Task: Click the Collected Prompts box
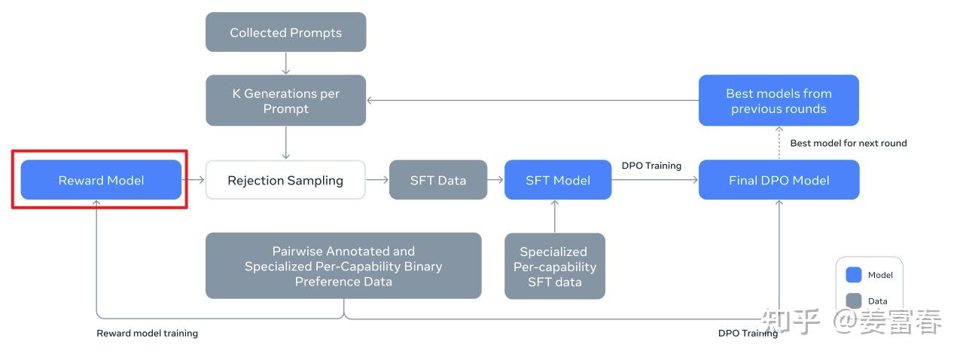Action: click(285, 32)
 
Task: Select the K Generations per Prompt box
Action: click(285, 101)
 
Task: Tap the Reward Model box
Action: click(101, 180)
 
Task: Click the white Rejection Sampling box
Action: click(285, 180)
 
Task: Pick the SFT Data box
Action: click(437, 180)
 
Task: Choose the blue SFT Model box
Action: click(557, 180)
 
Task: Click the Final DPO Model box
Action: click(779, 180)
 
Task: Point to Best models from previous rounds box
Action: click(779, 101)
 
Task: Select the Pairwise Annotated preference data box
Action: click(343, 266)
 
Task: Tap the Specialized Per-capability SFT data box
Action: click(554, 266)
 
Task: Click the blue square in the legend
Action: click(854, 275)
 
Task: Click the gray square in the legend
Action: click(854, 301)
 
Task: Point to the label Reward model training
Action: click(147, 333)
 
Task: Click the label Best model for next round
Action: click(848, 143)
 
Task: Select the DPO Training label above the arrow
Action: click(651, 165)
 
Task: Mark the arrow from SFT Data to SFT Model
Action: click(495, 180)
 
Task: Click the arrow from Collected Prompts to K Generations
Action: click(285, 63)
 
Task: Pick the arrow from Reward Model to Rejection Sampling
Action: click(194, 180)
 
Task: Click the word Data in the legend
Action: click(877, 301)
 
